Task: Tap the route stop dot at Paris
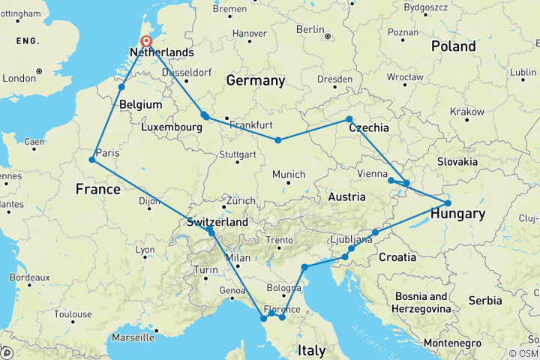pyautogui.click(x=91, y=160)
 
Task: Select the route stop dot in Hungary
pyautogui.click(x=448, y=203)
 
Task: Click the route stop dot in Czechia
pyautogui.click(x=349, y=119)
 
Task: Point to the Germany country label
pyautogui.click(x=256, y=80)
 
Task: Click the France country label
pyautogui.click(x=97, y=190)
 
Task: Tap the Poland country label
pyautogui.click(x=453, y=46)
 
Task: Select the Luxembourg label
pyautogui.click(x=171, y=128)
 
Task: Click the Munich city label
pyautogui.click(x=289, y=175)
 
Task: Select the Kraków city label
pyautogui.click(x=466, y=111)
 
